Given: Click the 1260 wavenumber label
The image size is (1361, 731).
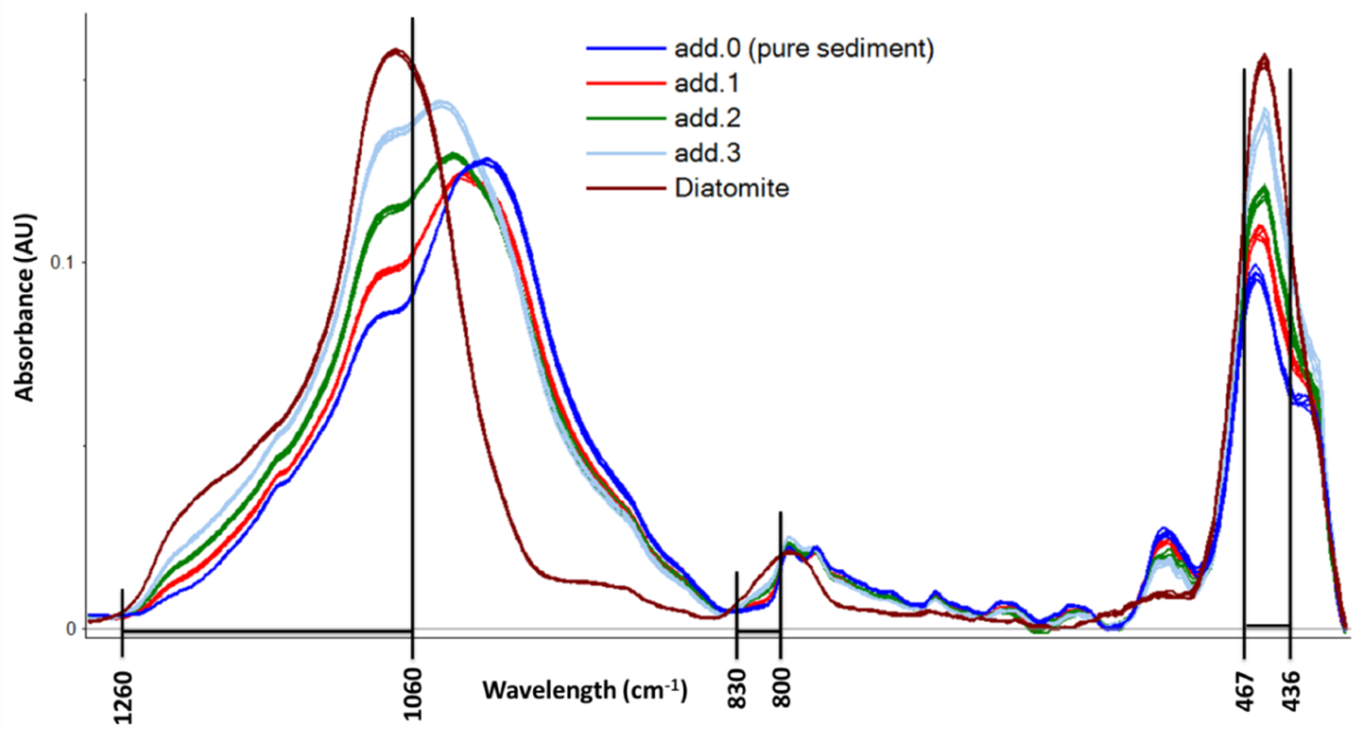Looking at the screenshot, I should pyautogui.click(x=123, y=696).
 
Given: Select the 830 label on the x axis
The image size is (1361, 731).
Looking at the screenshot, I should pyautogui.click(x=737, y=688).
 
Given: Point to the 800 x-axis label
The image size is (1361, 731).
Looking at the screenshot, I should pyautogui.click(x=781, y=688).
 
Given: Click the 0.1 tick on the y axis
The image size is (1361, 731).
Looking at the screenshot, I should pyautogui.click(x=61, y=262).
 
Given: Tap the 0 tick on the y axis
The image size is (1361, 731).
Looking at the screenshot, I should pyautogui.click(x=71, y=629).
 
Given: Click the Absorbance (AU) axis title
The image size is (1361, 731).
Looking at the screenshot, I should pyautogui.click(x=24, y=307).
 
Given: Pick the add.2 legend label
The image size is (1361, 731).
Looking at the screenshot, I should pyautogui.click(x=707, y=118).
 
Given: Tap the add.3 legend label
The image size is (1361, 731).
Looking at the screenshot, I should pyautogui.click(x=707, y=153).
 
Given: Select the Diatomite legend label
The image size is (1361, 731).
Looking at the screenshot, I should pyautogui.click(x=732, y=188).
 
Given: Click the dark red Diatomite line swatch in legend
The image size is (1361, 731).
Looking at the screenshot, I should pyautogui.click(x=626, y=188).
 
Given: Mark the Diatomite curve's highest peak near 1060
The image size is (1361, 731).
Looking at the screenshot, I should pyautogui.click(x=394, y=51).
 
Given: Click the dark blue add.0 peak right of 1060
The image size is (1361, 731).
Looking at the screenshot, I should pyautogui.click(x=486, y=160).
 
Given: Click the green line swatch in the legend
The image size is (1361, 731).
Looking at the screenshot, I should pyautogui.click(x=626, y=118).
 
